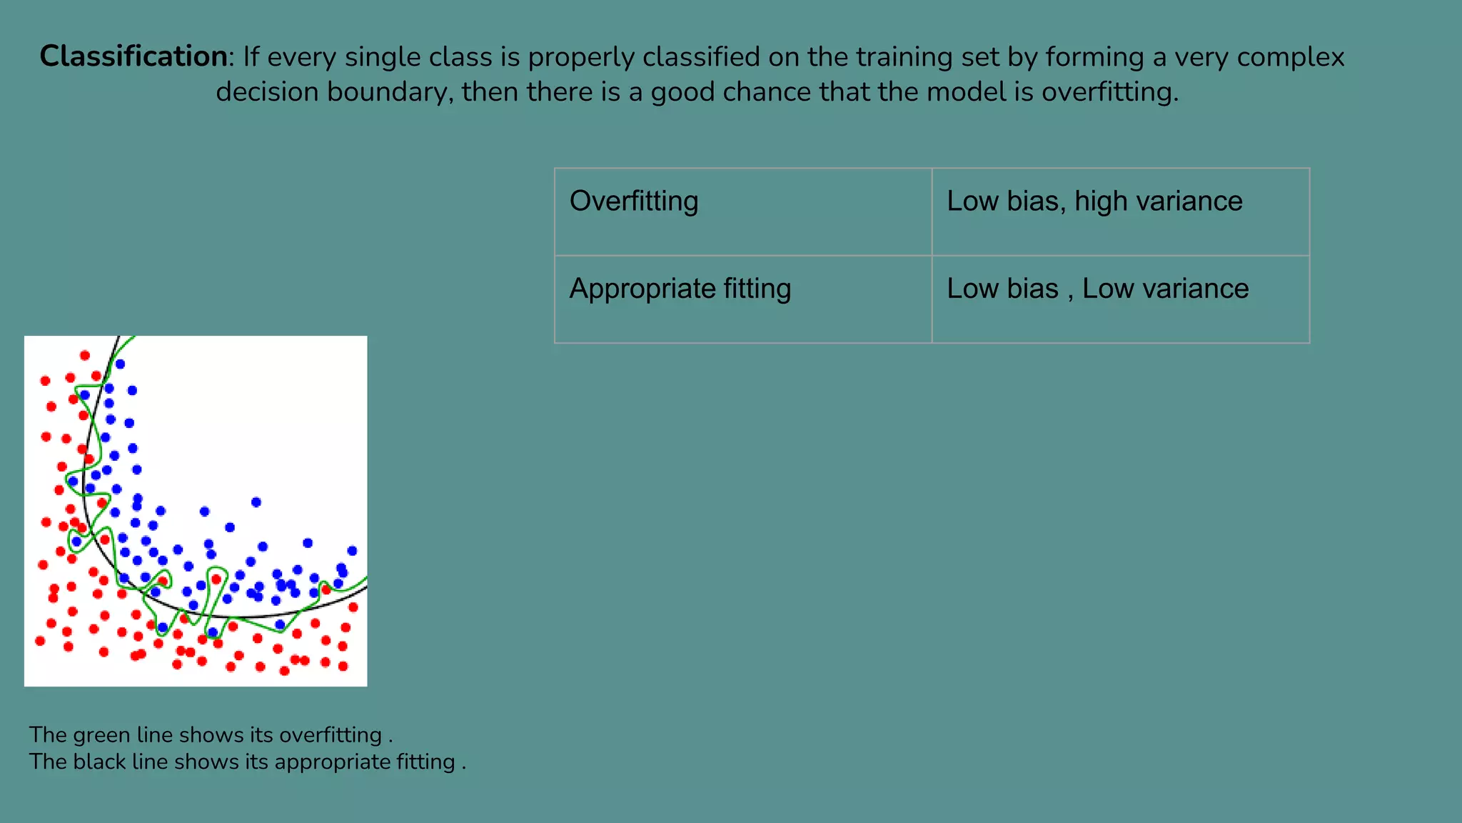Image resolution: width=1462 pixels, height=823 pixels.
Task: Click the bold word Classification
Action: click(133, 56)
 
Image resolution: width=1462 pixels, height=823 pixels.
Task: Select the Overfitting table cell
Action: click(742, 211)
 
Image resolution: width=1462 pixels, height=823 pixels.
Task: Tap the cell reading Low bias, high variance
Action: click(1120, 211)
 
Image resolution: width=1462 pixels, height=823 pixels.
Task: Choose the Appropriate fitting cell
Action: click(742, 299)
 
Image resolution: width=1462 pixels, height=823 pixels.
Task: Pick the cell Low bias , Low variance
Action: click(1120, 299)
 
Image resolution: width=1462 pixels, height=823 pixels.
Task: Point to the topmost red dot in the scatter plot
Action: click(85, 355)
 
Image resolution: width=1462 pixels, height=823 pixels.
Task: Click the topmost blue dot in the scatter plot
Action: click(121, 364)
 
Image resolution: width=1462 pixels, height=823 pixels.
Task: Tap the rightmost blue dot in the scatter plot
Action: click(352, 551)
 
